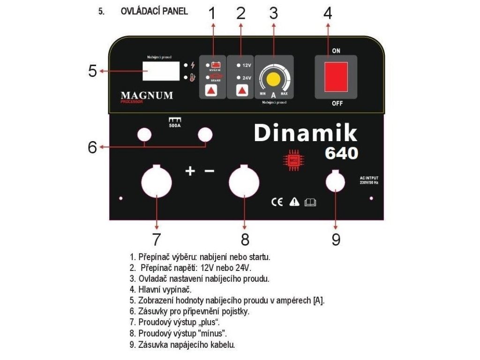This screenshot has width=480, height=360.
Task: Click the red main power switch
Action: pos(336,77)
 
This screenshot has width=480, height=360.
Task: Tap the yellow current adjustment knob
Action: pos(273,80)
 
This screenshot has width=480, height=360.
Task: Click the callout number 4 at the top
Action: pos(328,13)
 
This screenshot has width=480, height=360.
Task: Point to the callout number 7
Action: pos(156,239)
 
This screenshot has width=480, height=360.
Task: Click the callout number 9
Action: pos(336,239)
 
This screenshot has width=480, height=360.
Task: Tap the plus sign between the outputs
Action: pos(190,171)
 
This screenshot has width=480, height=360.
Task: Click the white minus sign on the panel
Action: pos(210,171)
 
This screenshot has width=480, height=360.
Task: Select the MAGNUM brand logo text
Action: pos(147,96)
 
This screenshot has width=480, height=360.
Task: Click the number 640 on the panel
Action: pos(342,153)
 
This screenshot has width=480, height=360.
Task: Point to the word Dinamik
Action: pos(305,133)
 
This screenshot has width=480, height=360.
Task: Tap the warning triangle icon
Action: pos(294,202)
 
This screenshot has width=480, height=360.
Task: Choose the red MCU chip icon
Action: pos(291,160)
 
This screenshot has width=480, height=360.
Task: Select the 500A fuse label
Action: pos(175,125)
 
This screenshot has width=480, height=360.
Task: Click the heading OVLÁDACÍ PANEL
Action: pos(154,12)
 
